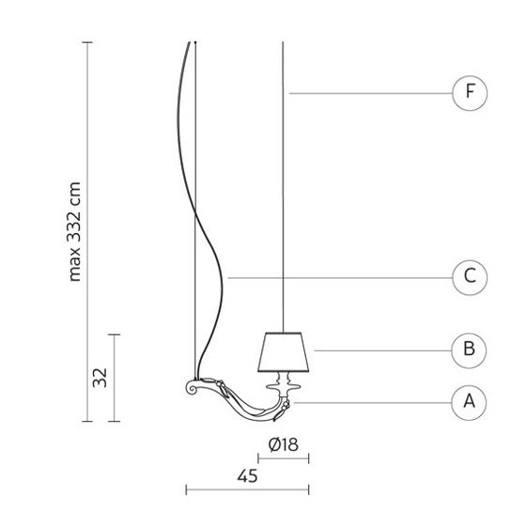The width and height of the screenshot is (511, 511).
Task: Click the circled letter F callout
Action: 470,93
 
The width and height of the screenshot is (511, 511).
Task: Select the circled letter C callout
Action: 470,278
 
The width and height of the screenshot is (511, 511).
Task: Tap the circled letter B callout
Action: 469,350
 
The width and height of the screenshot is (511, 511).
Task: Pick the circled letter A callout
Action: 469,403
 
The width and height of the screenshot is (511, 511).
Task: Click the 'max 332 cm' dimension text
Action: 74,232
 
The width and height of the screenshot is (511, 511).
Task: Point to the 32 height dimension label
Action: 100,378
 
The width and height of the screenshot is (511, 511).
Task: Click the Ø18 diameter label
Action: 283,444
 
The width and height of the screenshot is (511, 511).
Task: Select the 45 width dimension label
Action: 247,476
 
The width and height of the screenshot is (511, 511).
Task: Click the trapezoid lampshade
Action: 283,352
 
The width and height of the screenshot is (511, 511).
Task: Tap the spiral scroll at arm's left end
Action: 192,387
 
